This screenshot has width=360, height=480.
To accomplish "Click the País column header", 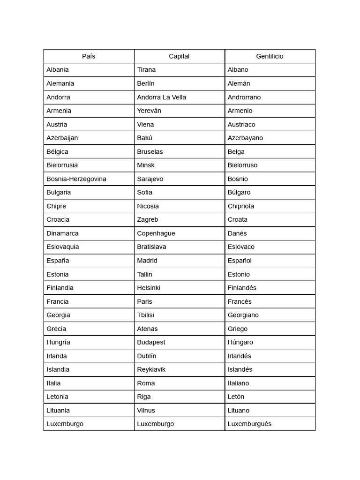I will [89, 56].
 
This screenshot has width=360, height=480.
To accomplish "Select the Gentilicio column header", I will [270, 56].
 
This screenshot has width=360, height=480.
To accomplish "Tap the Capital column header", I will [179, 56].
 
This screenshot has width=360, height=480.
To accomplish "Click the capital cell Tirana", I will [146, 70].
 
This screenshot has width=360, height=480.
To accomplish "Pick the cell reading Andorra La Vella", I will [161, 97].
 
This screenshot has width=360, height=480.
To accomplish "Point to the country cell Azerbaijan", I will [62, 138].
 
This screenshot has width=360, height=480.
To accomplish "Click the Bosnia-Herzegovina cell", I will [76, 179].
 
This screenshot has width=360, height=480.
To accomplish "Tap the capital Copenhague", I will [156, 233].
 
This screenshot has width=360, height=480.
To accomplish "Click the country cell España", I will [58, 260].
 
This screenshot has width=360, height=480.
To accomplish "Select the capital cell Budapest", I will [151, 342].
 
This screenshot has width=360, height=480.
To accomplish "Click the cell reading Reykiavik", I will [151, 369].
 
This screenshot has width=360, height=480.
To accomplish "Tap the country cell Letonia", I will [57, 397].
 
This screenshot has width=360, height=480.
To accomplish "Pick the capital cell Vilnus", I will [146, 410].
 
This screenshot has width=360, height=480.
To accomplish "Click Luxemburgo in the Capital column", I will [155, 424].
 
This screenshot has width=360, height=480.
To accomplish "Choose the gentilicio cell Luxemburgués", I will [249, 424].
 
